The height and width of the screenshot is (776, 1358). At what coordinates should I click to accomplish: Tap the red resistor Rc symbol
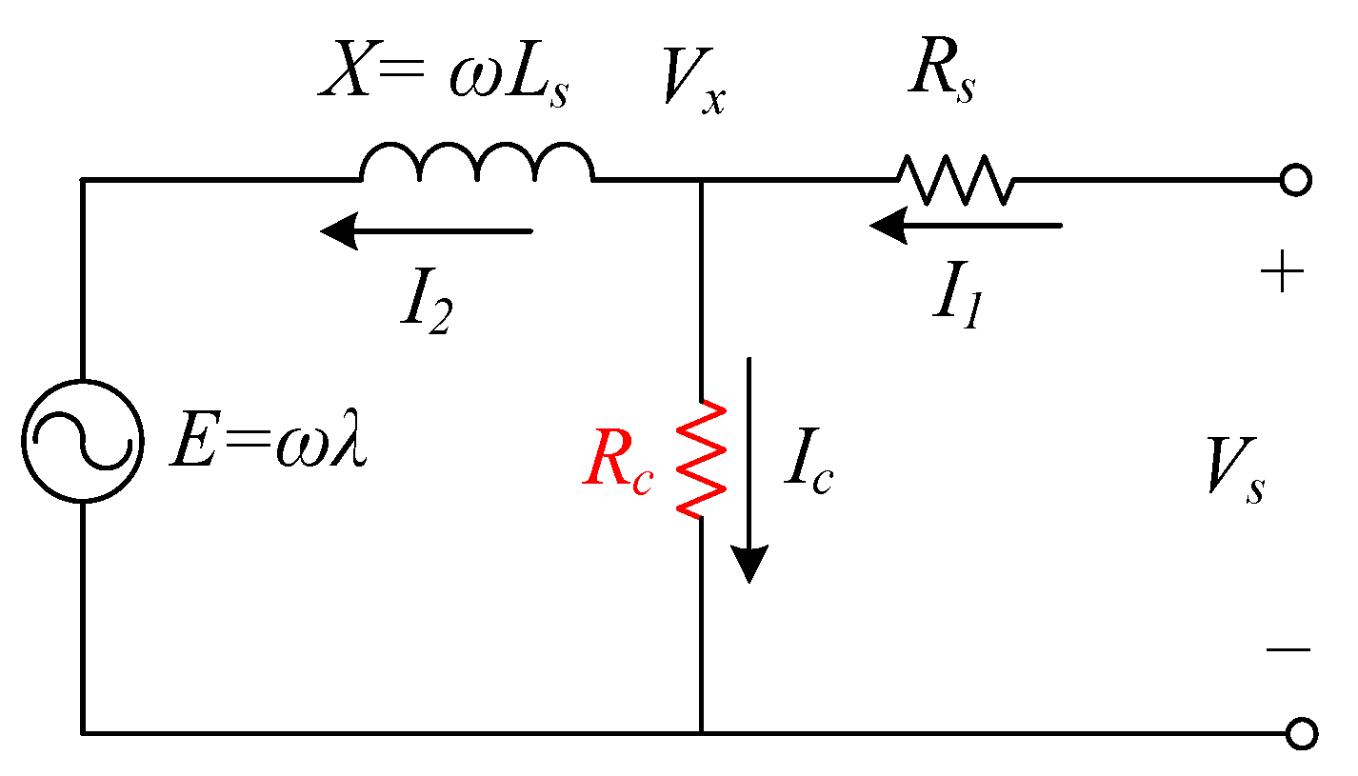pos(702,460)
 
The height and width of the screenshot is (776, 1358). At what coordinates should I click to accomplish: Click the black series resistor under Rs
pos(955,180)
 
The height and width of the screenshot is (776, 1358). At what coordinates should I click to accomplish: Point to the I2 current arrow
pos(426,231)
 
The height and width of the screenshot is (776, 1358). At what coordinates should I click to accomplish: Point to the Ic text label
pos(808,466)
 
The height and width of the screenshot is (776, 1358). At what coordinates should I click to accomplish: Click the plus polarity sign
pos(1281,275)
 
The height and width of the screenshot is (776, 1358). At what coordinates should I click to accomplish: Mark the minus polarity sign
pos(1288,649)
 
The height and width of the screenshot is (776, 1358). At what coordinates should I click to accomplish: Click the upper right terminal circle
pos(1296,180)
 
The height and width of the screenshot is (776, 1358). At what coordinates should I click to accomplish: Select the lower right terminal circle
pos(1301,733)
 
